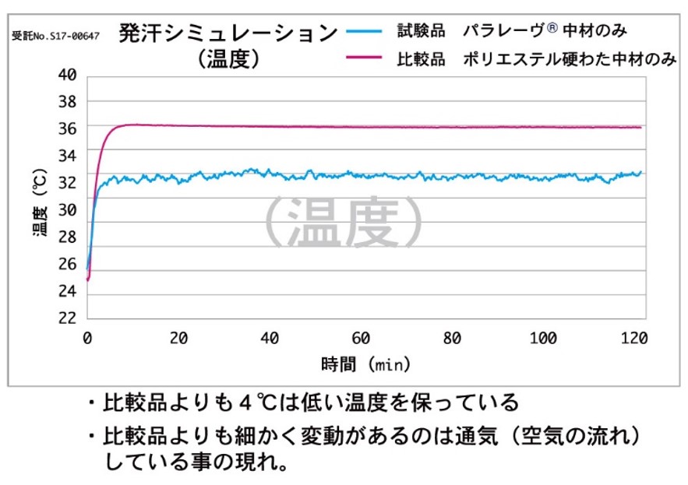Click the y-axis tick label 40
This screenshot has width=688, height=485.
(67, 75)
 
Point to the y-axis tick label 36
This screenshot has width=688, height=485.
(67, 128)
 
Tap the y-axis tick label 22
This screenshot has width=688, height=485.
(67, 318)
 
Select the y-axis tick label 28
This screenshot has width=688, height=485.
(67, 237)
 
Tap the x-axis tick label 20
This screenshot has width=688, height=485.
(178, 339)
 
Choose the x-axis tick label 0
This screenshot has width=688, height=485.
(87, 339)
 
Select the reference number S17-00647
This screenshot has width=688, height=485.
(57, 36)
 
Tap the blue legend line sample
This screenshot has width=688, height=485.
(363, 31)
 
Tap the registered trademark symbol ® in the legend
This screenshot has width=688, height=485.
(552, 29)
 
